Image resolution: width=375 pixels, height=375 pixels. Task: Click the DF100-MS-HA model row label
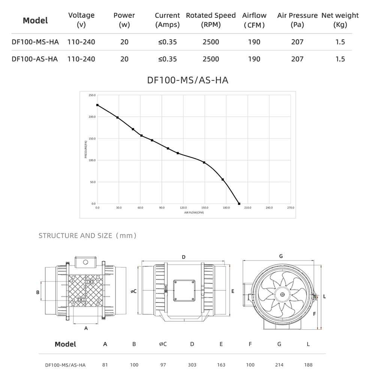coord(35,42)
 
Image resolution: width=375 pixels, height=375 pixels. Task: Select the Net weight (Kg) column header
coord(340,20)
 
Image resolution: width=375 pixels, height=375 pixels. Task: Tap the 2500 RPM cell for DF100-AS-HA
coord(211,59)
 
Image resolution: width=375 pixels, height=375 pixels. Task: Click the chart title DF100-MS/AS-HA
coord(187,80)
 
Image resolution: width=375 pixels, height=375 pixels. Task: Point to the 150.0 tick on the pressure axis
coord(92,139)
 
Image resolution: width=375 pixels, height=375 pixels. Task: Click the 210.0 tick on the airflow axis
coord(248,208)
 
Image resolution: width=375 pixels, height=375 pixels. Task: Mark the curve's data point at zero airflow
coord(97,105)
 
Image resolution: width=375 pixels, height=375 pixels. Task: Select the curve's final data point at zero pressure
coord(239,204)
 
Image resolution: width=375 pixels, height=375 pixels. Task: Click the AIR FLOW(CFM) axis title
coord(194,212)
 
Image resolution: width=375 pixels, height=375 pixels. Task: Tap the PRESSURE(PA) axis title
coord(85,149)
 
